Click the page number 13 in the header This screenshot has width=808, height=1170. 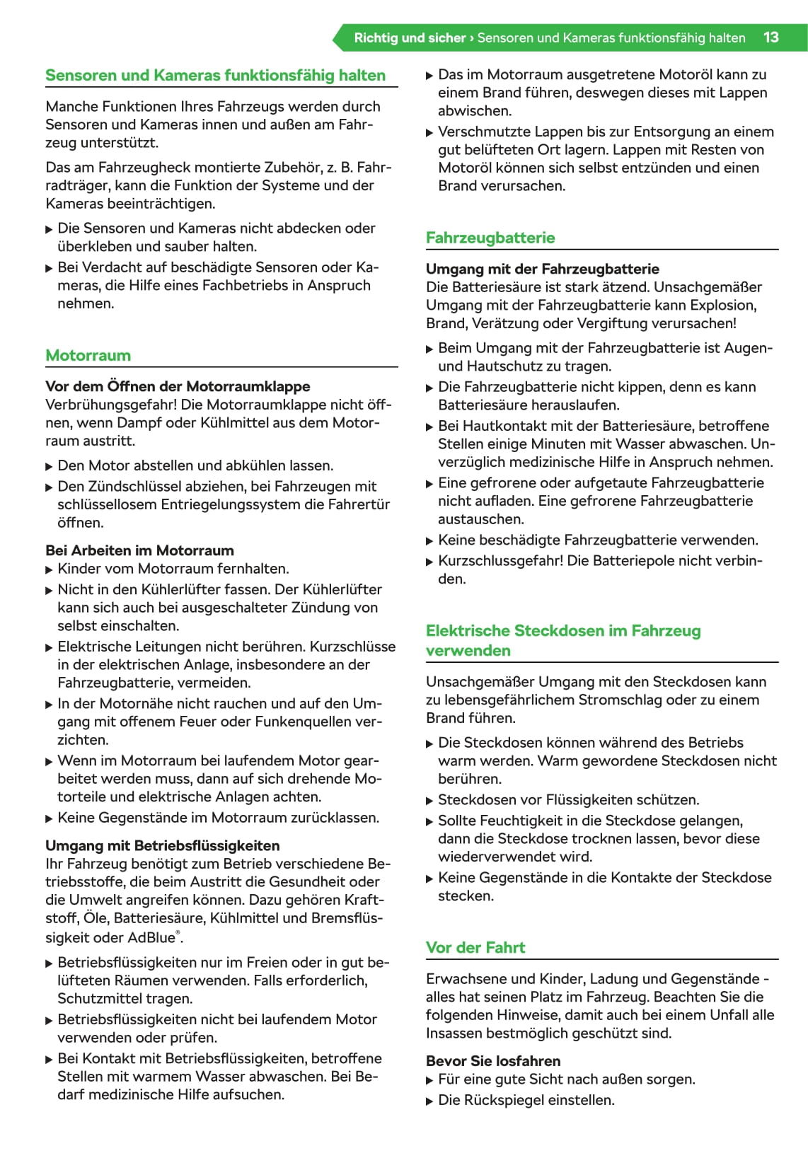pyautogui.click(x=771, y=37)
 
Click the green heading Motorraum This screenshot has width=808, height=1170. pyautogui.click(x=88, y=355)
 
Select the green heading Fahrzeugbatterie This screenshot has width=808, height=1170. pyautogui.click(x=490, y=238)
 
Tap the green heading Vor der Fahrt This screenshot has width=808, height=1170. pyautogui.click(x=475, y=947)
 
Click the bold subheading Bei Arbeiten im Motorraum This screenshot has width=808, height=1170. pyautogui.click(x=139, y=550)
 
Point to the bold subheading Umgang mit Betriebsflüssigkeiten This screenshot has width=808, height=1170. pyautogui.click(x=162, y=845)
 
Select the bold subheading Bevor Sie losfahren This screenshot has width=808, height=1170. pyautogui.click(x=492, y=1060)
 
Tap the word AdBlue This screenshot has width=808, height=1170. pyautogui.click(x=151, y=937)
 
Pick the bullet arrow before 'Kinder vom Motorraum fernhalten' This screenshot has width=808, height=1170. pyautogui.click(x=50, y=569)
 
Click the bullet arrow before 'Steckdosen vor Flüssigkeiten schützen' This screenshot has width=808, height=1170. pyautogui.click(x=430, y=801)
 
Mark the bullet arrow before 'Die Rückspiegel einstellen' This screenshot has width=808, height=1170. pyautogui.click(x=430, y=1101)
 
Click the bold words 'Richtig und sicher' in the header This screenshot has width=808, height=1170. pyautogui.click(x=410, y=37)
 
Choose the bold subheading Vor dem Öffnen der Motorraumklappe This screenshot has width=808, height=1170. pyautogui.click(x=178, y=386)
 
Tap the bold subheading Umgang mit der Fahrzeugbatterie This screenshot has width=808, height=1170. pyautogui.click(x=542, y=269)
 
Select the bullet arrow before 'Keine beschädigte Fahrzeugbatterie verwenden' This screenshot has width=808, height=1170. pyautogui.click(x=430, y=541)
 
